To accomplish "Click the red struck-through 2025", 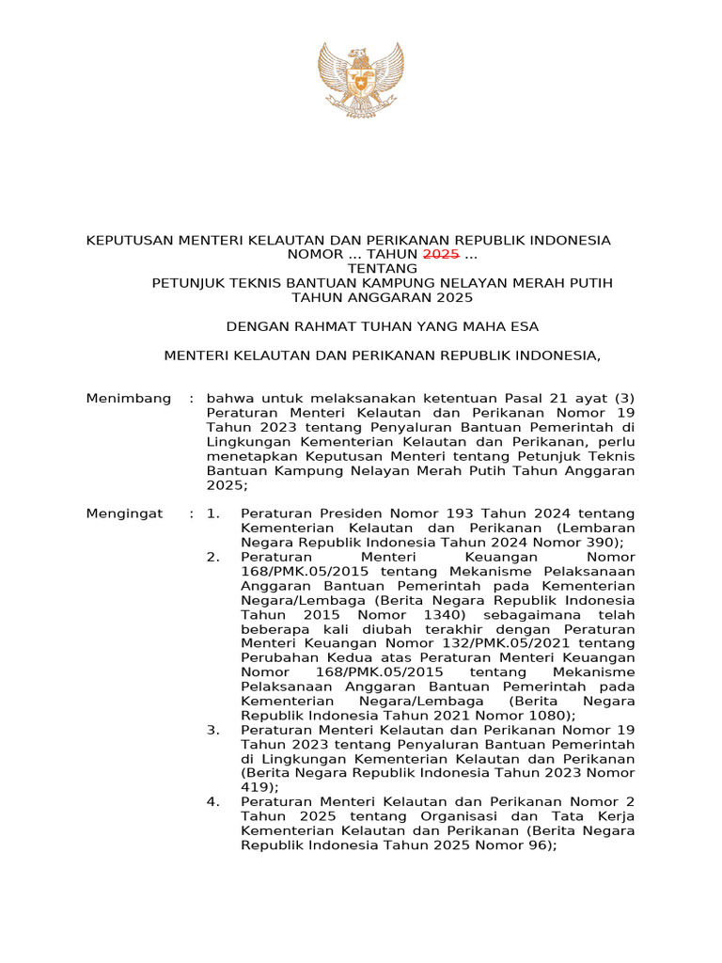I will (441, 255).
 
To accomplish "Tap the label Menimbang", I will (129, 399).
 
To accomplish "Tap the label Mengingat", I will (124, 513).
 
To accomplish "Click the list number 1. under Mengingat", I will (213, 513).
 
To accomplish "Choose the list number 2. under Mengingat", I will (213, 557).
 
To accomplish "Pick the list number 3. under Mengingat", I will (213, 730).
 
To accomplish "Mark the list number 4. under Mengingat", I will (213, 802).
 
